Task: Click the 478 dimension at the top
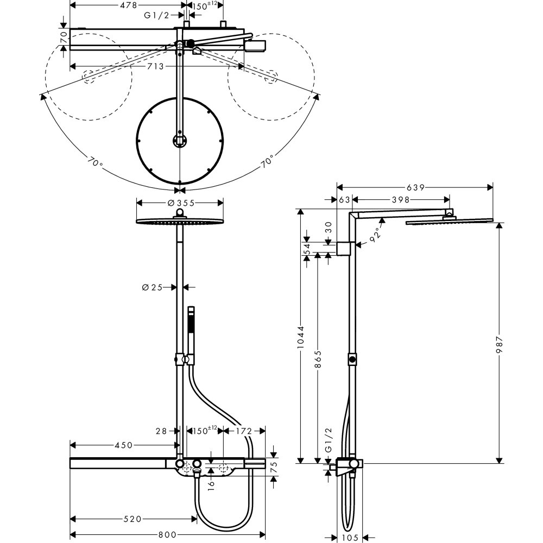pos(128,4)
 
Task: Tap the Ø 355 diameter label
pos(179,203)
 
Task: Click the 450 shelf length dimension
pos(124,445)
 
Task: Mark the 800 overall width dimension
pos(168,534)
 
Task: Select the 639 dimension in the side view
pos(415,187)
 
